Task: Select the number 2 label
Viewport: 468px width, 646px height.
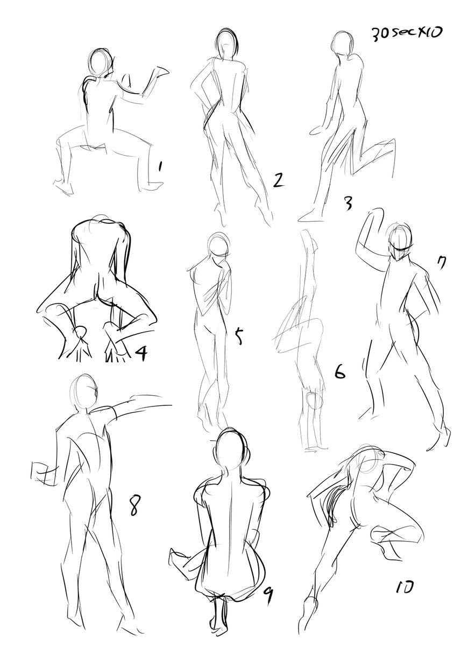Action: (x=278, y=180)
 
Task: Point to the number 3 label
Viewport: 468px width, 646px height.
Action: (x=348, y=204)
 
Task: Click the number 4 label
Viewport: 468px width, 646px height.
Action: (x=141, y=354)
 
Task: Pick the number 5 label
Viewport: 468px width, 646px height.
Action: (x=239, y=335)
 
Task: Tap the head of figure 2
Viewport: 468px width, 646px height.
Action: (x=227, y=45)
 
